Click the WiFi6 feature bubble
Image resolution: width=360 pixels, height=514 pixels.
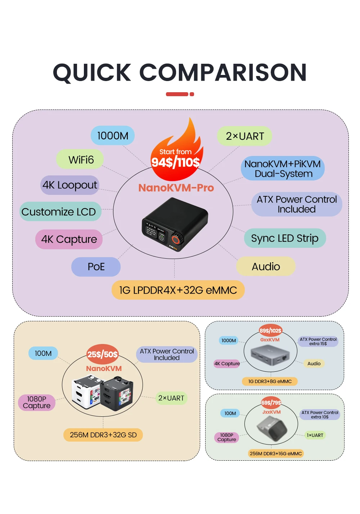(80, 160)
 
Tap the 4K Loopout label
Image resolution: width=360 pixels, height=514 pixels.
(70, 185)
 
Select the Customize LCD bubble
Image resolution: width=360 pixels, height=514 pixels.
(60, 211)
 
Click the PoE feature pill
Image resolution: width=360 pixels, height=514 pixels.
(96, 267)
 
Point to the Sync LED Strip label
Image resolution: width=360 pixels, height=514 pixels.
(285, 238)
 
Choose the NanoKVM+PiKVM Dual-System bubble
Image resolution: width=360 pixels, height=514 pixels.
(283, 169)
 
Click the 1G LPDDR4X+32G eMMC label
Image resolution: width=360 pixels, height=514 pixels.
(178, 290)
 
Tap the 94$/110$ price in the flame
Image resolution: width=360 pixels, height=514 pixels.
(175, 162)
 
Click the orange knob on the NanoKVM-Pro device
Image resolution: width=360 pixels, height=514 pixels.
(176, 240)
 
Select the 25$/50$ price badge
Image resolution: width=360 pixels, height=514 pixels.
(103, 354)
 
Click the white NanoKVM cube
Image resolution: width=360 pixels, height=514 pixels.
(86, 392)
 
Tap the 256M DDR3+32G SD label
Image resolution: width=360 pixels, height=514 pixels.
(103, 435)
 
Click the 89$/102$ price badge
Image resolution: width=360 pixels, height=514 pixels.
(270, 330)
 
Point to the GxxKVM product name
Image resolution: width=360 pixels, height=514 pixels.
(270, 340)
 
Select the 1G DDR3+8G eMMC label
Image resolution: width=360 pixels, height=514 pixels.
(270, 381)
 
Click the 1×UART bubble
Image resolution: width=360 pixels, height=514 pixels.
(315, 435)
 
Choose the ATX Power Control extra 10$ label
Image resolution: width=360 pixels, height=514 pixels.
(320, 415)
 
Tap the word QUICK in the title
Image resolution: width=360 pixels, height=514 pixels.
(92, 72)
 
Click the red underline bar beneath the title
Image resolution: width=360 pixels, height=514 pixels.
(180, 94)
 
